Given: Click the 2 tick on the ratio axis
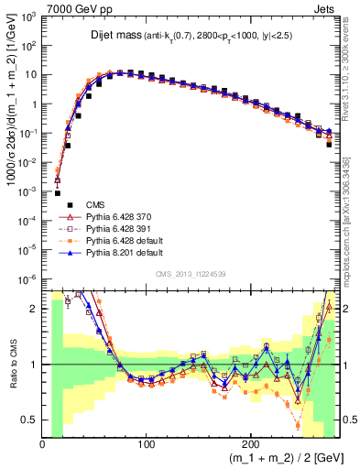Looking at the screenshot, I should click(x=34, y=309).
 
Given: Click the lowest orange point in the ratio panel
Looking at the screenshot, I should click(x=299, y=425).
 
